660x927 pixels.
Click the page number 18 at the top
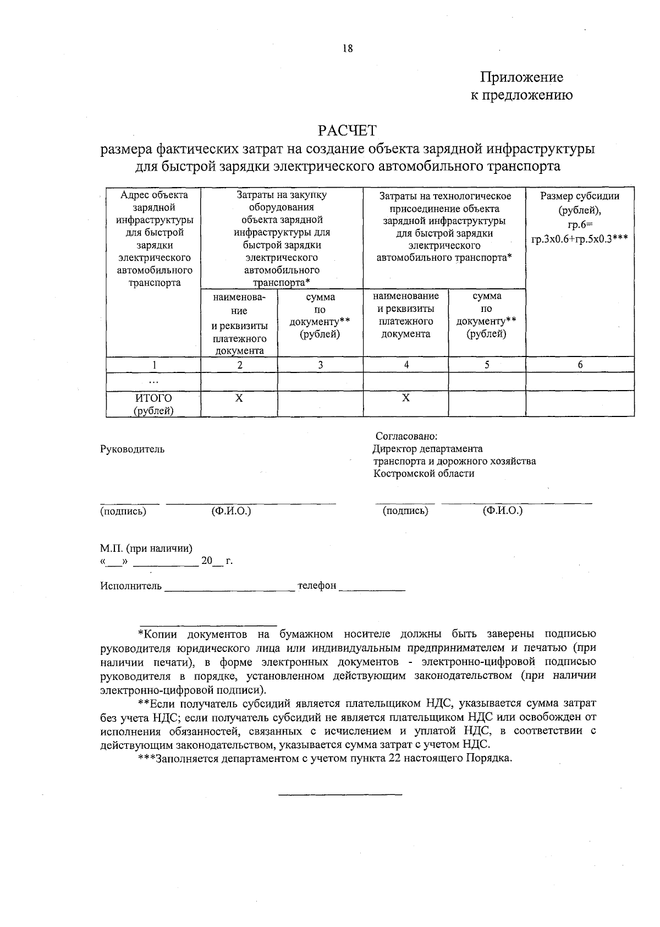[x=347, y=48]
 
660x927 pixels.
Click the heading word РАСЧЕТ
[x=347, y=131]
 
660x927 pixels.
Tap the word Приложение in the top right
[x=521, y=77]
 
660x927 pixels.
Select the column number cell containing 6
[x=580, y=364]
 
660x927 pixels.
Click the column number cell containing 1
[x=154, y=364]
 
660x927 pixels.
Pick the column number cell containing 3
[x=320, y=364]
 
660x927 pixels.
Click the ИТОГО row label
[x=153, y=398]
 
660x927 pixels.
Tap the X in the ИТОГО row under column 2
[x=239, y=398]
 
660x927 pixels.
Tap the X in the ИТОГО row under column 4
[x=405, y=398]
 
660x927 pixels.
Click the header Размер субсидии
[x=580, y=196]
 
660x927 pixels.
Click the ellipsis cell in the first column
[x=153, y=381]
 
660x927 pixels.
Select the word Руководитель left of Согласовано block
[x=132, y=449]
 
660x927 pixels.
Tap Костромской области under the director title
[x=424, y=473]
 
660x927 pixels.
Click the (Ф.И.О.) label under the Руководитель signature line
[x=231, y=511]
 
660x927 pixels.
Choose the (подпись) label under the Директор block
[x=405, y=511]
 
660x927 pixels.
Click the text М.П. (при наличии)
[x=146, y=548]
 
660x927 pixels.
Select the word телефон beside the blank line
[x=317, y=585]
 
